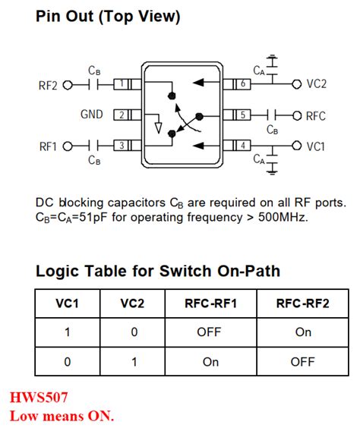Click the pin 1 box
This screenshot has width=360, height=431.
click(x=122, y=85)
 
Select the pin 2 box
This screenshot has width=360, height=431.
click(x=122, y=115)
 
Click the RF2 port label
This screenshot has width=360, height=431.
click(x=48, y=85)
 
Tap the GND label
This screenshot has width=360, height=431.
click(x=92, y=115)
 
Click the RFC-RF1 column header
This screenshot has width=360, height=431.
click(x=211, y=304)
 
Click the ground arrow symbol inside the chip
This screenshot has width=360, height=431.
click(x=158, y=125)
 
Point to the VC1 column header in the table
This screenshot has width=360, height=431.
click(x=67, y=304)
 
